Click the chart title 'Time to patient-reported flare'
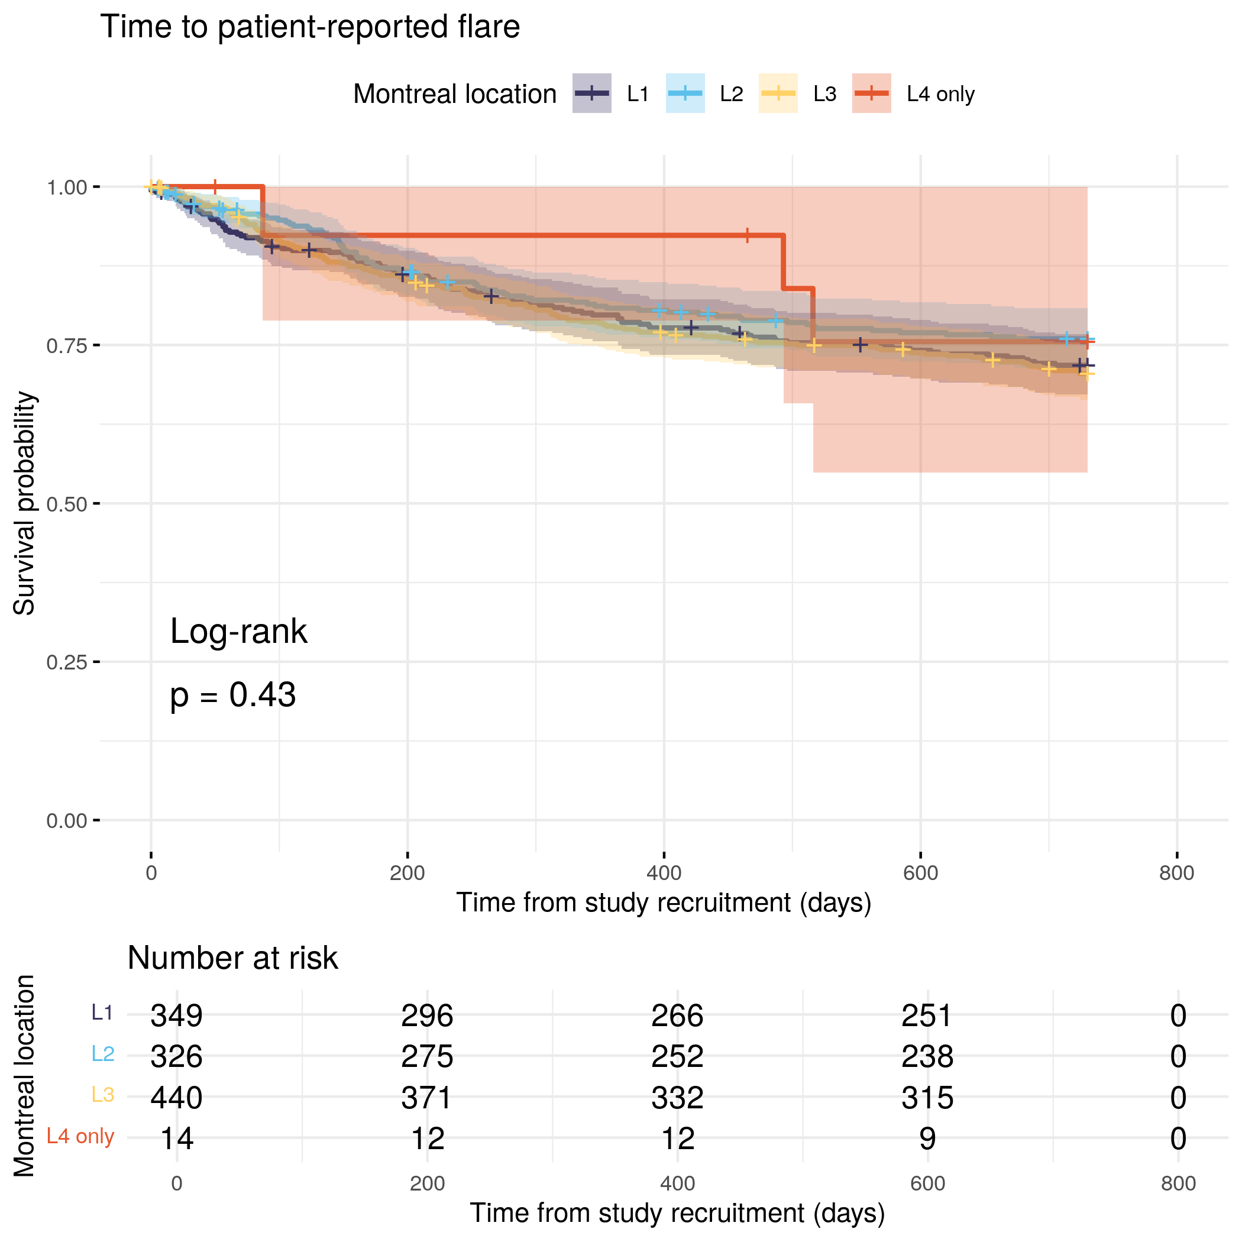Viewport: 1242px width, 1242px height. (x=310, y=27)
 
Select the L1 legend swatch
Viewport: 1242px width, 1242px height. (x=591, y=94)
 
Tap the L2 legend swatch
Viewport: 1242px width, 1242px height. (x=685, y=94)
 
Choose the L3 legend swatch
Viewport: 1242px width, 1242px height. (x=778, y=94)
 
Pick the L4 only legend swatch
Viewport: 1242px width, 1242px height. (x=871, y=94)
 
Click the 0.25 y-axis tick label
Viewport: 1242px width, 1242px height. (x=67, y=662)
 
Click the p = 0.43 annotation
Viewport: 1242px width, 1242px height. (x=232, y=695)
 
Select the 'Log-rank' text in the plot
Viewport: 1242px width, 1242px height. (x=238, y=632)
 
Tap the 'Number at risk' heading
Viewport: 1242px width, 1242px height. (x=232, y=958)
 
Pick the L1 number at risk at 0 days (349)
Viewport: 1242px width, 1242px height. (x=177, y=1015)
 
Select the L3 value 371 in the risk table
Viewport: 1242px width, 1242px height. (x=427, y=1097)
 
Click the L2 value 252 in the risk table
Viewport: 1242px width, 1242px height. (x=677, y=1056)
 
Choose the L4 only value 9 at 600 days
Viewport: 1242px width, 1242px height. (x=927, y=1138)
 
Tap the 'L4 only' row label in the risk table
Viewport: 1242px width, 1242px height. (x=80, y=1137)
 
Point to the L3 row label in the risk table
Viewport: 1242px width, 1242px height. (x=103, y=1095)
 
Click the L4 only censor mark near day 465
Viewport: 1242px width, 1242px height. (x=747, y=235)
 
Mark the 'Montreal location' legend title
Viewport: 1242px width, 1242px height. (x=454, y=94)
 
